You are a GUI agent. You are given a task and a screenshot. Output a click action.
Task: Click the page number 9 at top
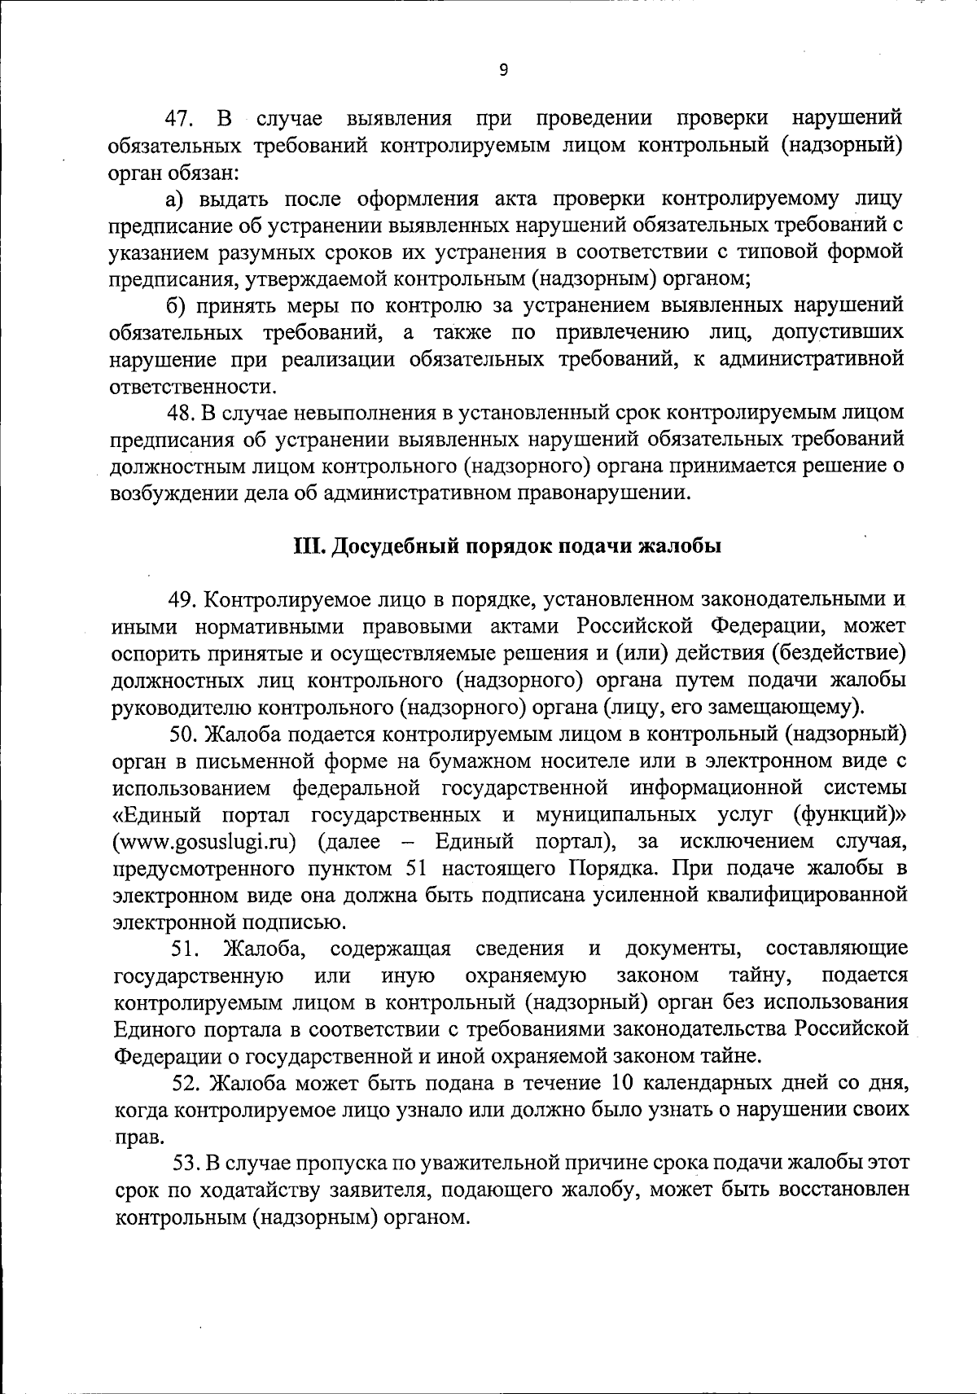click(503, 70)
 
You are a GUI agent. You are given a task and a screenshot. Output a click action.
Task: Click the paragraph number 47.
click(178, 119)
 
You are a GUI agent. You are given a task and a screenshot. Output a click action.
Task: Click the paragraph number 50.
click(184, 734)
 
